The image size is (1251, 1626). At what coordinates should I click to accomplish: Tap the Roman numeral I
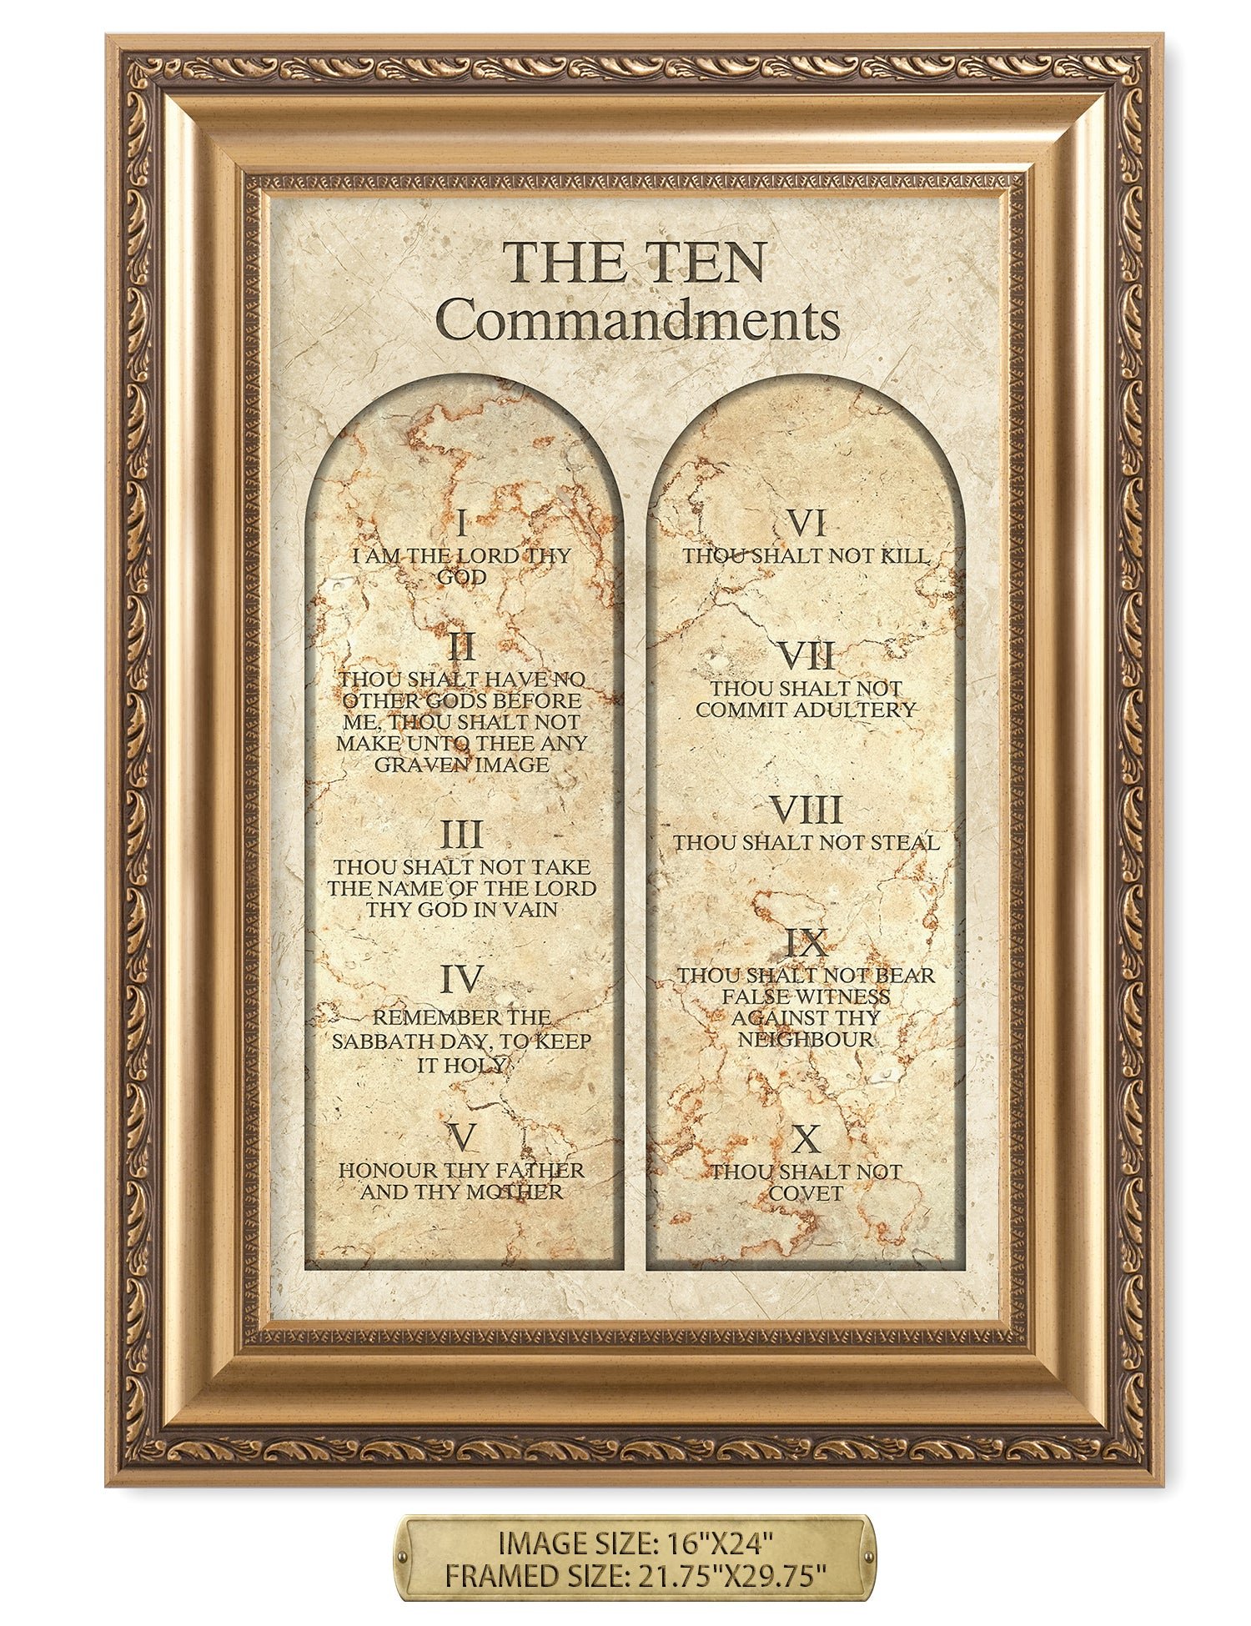462,525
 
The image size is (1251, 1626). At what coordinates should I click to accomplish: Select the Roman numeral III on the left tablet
461,835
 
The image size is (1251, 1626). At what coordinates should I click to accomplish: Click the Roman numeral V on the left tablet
461,1136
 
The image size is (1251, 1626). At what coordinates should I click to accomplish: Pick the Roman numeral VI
806,524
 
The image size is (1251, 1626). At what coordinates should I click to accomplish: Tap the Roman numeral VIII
805,810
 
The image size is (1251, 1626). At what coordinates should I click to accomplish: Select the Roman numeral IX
806,943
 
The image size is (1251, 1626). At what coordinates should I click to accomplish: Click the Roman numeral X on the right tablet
806,1138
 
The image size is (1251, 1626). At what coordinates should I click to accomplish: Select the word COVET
806,1193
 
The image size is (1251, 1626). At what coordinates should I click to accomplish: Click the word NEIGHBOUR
806,1039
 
